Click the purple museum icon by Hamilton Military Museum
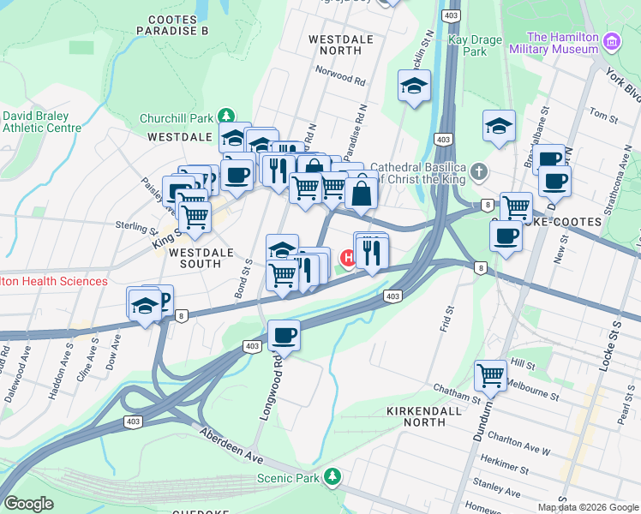point(611,41)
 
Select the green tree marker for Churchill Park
point(225,115)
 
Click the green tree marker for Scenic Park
point(332,476)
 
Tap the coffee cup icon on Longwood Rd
point(284,335)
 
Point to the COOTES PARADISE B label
point(178,25)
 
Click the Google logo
point(28,504)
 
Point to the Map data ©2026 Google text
point(587,507)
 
